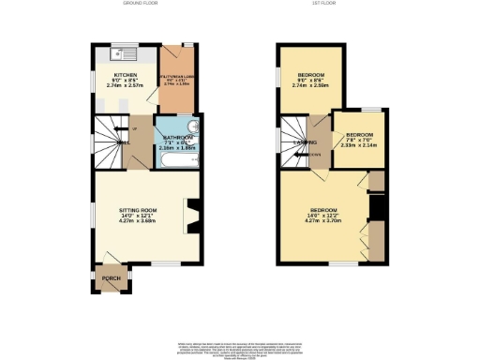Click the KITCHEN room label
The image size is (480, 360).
126,74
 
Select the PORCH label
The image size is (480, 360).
111,278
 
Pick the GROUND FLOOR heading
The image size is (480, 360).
139,4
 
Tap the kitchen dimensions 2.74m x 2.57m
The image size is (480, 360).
126,85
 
